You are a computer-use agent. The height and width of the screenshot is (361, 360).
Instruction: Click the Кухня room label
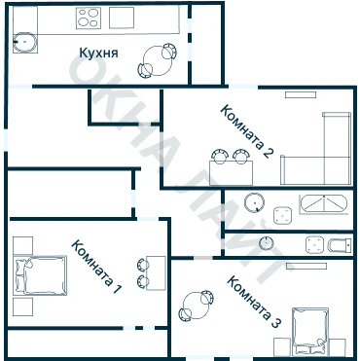coord(98,53)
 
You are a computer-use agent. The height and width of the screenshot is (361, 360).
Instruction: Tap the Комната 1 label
coord(96,267)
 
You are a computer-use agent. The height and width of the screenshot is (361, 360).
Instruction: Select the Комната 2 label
coord(246,131)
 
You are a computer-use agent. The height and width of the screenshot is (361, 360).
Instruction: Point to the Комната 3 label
coord(254,302)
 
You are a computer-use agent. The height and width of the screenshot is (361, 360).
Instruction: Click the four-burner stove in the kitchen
coord(89,18)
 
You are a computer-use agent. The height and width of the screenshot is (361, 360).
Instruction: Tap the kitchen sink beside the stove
coord(122,18)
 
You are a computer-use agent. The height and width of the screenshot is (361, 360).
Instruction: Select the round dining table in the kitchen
coord(158,61)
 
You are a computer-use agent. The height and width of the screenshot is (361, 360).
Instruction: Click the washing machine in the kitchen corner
coord(25,43)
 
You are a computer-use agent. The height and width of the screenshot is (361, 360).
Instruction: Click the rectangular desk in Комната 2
coord(231,173)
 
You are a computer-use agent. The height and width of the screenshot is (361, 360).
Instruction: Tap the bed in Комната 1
coord(40,275)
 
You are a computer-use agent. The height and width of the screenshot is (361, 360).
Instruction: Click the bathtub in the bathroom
coord(323,203)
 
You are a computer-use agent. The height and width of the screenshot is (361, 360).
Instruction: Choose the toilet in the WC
coord(340,245)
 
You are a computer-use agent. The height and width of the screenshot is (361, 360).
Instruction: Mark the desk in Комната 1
coord(156,273)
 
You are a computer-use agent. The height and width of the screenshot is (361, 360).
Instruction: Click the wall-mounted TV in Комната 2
coord(301,94)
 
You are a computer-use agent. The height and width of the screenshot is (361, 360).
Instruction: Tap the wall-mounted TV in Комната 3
coord(306,266)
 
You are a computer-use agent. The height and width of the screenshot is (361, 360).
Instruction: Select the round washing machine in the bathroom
coord(254,202)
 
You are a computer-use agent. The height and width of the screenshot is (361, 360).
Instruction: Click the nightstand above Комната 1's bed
coord(22,245)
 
